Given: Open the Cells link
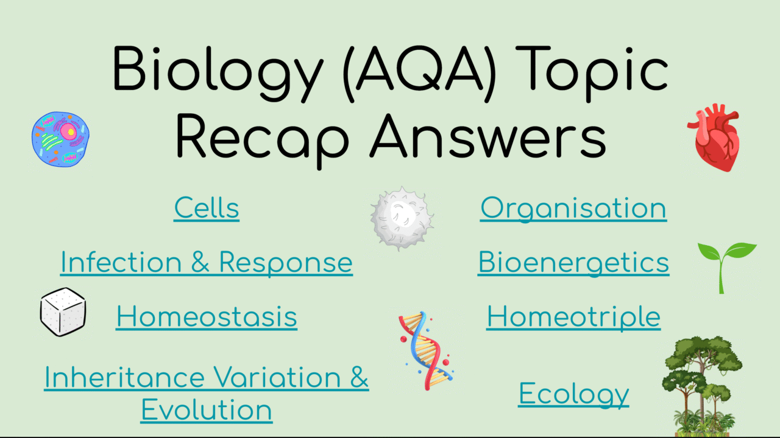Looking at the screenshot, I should coord(207,208).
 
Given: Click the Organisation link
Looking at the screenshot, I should coord(573,208).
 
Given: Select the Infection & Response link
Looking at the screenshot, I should coord(207,262).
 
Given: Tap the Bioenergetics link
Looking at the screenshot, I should coord(573,262).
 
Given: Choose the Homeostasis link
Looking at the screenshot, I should coord(207,317).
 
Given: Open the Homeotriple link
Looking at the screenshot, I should coord(573,317).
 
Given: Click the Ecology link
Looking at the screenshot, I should coord(573,394).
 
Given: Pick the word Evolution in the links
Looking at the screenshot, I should coord(207,409).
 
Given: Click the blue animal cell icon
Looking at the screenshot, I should coord(61,139).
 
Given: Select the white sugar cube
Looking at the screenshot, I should coord(63,311).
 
